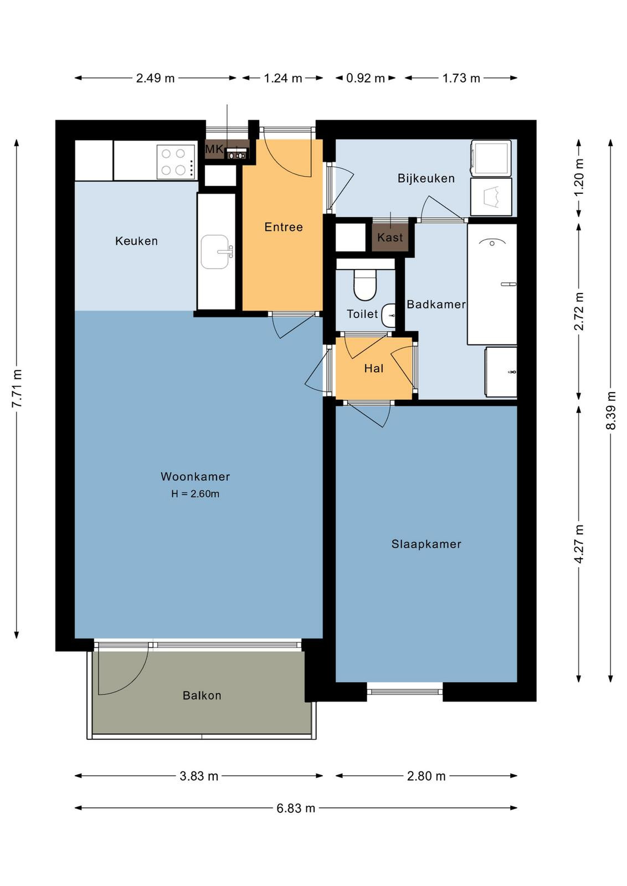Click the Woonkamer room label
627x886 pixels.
click(195, 476)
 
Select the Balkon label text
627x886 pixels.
click(202, 696)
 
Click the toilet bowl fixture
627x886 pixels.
click(365, 284)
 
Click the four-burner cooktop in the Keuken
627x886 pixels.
click(176, 162)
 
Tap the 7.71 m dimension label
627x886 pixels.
click(17, 388)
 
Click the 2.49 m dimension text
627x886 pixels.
click(155, 78)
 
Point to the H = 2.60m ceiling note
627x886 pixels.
click(195, 493)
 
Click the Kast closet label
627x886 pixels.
click(389, 238)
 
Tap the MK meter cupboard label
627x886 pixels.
click(214, 149)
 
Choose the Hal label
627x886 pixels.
click(374, 368)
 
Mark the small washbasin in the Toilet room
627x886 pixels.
click(389, 315)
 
